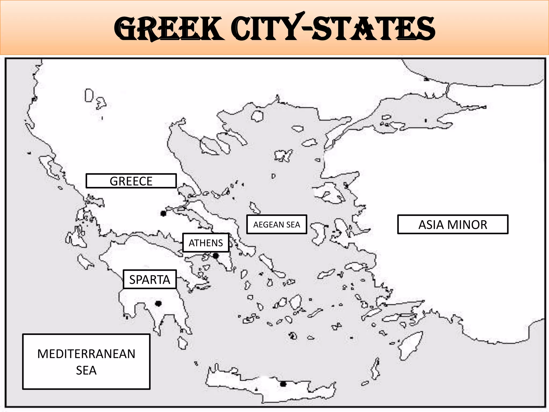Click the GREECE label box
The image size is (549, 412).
131,181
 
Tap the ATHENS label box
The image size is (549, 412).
206,243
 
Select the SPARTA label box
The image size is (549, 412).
150,279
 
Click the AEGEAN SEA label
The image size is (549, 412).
277,225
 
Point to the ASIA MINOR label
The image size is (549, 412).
452,225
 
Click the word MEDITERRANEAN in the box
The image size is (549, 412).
86,354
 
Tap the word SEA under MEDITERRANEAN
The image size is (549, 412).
86,370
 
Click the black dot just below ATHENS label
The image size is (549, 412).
216,256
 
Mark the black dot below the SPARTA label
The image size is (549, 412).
158,303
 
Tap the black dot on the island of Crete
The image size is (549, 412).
283,384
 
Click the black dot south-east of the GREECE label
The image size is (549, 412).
163,214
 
